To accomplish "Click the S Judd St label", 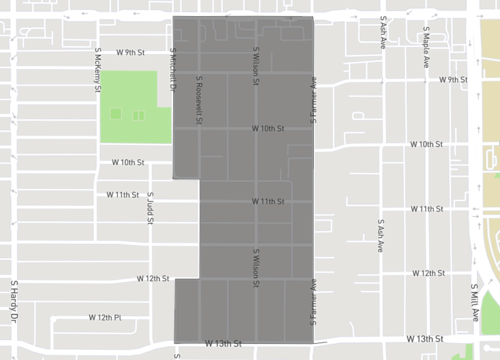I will (x=150, y=208).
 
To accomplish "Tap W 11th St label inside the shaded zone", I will (x=268, y=202).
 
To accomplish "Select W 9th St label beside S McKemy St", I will (x=131, y=51).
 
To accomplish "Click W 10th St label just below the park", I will (x=128, y=162).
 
